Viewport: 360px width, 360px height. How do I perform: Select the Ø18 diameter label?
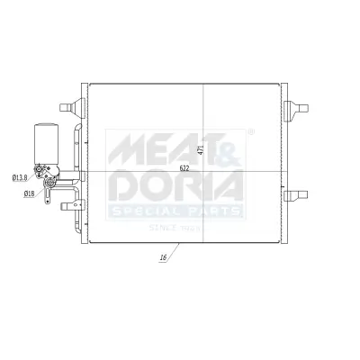30,193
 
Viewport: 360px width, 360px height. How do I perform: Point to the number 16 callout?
162,258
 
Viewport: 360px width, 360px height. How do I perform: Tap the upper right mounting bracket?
294,109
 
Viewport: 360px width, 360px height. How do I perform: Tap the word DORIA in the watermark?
175,186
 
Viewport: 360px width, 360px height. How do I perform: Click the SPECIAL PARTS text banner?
175,211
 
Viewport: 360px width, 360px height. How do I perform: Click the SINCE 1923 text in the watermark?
175,229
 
